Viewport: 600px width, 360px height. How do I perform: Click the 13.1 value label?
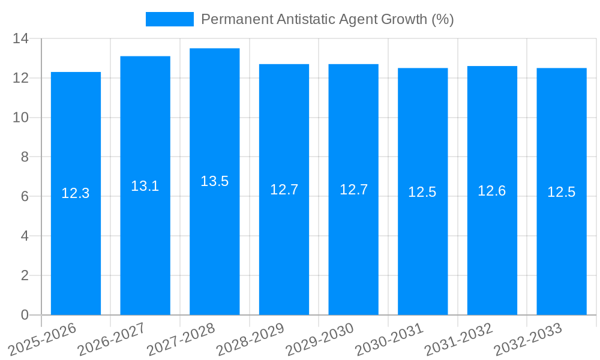[x=145, y=186]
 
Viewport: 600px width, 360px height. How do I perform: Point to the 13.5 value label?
[x=214, y=181]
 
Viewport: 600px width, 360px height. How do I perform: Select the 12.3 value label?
[x=76, y=193]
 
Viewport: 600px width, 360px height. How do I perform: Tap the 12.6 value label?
[x=491, y=191]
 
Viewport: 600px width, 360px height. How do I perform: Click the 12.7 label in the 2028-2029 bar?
[x=284, y=190]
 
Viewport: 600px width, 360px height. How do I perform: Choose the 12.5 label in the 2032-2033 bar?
[x=561, y=192]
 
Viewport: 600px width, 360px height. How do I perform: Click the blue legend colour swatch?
[x=169, y=19]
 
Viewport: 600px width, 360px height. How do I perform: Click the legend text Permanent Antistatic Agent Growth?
[x=327, y=19]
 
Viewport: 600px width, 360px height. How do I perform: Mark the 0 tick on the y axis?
[x=25, y=315]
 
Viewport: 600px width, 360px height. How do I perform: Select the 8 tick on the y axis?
[x=25, y=157]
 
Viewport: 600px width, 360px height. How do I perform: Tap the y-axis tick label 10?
[x=21, y=118]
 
